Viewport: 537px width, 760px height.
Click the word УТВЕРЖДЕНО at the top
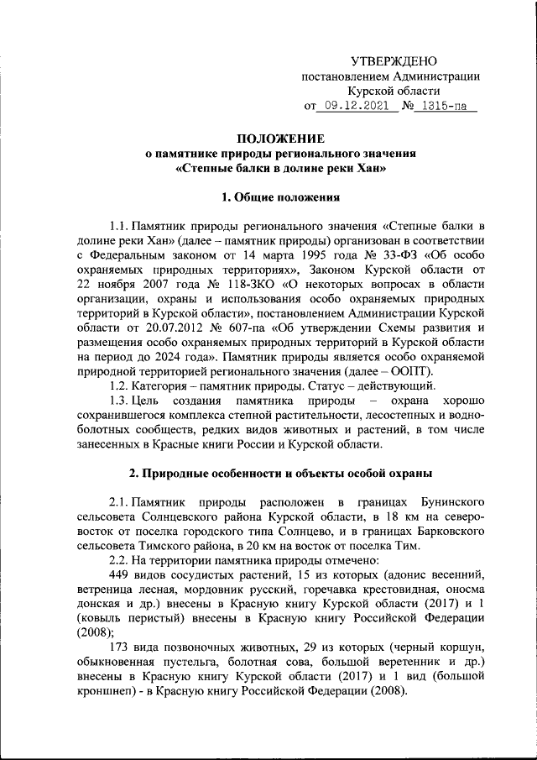tap(394, 61)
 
